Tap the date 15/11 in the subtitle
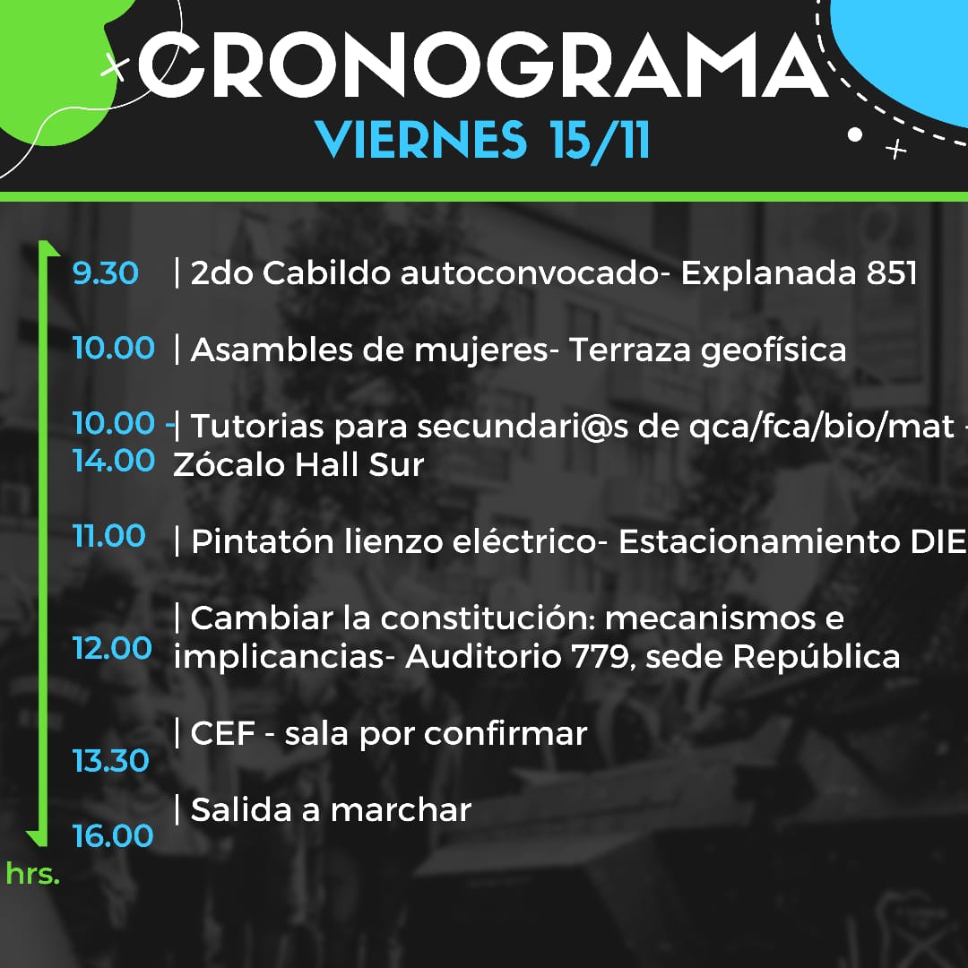[x=600, y=141]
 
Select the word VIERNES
[x=421, y=140]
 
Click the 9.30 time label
[x=105, y=272]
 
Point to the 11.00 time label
[x=108, y=535]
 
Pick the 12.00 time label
[x=112, y=648]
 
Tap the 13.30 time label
[x=110, y=760]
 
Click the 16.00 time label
[x=112, y=835]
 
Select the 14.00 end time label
[x=114, y=461]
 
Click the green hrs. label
[x=33, y=874]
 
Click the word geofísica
[x=774, y=351]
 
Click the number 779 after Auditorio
[x=601, y=656]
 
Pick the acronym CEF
[x=223, y=733]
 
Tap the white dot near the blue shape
[x=855, y=134]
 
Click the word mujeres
[x=481, y=351]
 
